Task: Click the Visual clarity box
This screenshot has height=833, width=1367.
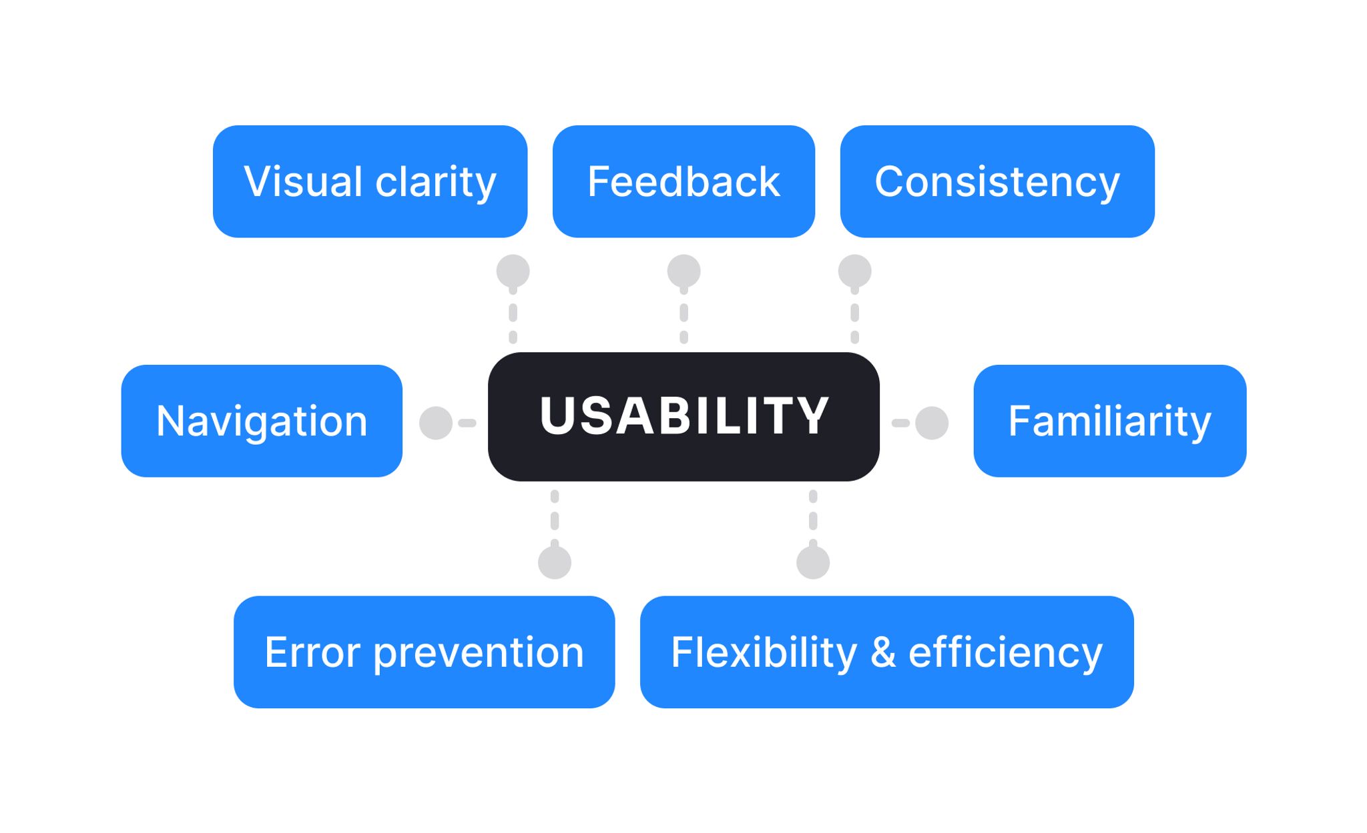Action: [370, 181]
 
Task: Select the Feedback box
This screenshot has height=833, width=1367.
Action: [683, 181]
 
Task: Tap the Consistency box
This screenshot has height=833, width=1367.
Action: [997, 181]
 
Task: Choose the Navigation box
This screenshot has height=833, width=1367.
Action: [262, 421]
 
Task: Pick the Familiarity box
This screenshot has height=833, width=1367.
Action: [1109, 421]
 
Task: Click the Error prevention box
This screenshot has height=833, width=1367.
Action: [424, 652]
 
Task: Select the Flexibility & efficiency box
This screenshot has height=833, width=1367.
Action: [886, 652]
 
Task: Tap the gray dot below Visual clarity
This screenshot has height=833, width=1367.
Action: [513, 271]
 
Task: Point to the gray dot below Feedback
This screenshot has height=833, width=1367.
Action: [683, 271]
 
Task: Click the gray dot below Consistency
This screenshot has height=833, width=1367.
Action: [854, 271]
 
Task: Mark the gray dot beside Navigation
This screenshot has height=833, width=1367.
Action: [436, 423]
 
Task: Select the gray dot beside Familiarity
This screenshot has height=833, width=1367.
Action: [932, 423]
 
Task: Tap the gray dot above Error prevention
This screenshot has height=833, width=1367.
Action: [555, 562]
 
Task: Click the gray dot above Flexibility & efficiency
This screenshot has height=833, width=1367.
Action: [813, 562]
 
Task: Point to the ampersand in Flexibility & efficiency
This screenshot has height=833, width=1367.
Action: [882, 652]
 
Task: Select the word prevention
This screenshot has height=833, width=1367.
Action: [479, 653]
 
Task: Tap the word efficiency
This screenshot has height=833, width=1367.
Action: [1005, 653]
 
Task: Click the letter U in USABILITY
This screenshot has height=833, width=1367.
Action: [558, 416]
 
